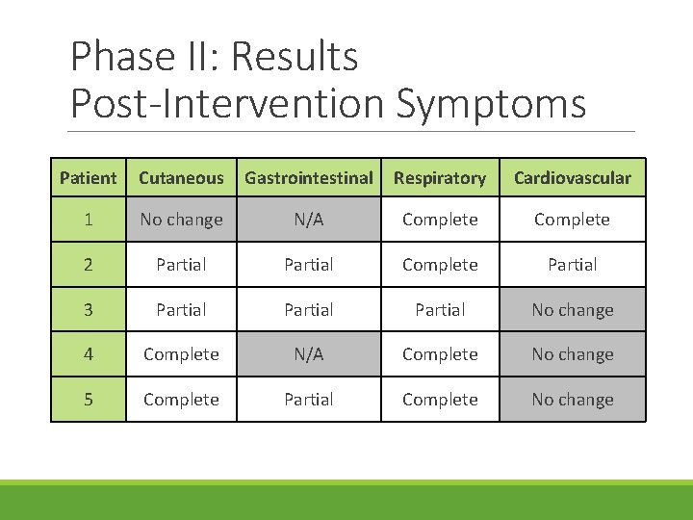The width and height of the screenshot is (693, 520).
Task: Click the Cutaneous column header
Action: click(181, 178)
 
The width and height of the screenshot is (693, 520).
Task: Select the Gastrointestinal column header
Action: click(309, 178)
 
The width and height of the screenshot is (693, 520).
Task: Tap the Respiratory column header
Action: click(440, 178)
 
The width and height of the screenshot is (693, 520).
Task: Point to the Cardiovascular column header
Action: click(573, 178)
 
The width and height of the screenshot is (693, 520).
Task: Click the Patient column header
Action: click(88, 178)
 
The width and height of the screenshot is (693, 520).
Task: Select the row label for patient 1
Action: click(88, 220)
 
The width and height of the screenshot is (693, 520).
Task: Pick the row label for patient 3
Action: click(88, 309)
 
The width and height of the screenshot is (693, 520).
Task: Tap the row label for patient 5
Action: click(88, 399)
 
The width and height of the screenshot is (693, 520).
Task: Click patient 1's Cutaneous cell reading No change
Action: click(181, 220)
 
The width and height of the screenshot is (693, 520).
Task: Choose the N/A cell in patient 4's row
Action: click(309, 354)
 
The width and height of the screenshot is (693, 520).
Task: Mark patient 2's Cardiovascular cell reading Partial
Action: click(573, 264)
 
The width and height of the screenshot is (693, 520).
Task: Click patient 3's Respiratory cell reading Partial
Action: click(440, 309)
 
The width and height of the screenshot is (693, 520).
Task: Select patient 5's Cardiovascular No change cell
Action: click(573, 399)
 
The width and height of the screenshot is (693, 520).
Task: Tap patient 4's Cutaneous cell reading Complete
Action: click(181, 354)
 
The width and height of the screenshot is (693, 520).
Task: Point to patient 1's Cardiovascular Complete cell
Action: click(573, 220)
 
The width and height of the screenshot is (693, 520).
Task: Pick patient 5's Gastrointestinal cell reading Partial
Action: click(309, 399)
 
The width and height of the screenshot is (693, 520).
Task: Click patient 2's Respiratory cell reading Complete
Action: click(440, 264)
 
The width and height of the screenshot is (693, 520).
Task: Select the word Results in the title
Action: click(295, 57)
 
